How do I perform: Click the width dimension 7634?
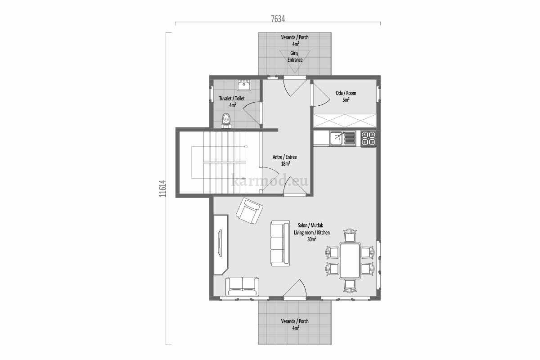tap(278, 19)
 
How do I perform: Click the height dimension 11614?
tap(163, 189)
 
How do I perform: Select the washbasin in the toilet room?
tap(244, 85)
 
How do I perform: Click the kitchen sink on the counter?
tap(343, 138)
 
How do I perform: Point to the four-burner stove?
tap(369, 139)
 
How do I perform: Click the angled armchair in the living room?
tap(249, 211)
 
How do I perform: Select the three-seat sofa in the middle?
tap(280, 243)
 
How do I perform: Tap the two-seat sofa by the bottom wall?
tap(242, 286)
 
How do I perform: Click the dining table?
tap(350, 261)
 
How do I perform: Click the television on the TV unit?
tap(220, 243)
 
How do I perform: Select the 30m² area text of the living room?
tap(312, 239)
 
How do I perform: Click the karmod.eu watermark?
tap(270, 180)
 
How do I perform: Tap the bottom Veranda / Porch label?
tap(295, 321)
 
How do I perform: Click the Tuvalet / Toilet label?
tap(232, 99)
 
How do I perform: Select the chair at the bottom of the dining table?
tap(350, 286)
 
